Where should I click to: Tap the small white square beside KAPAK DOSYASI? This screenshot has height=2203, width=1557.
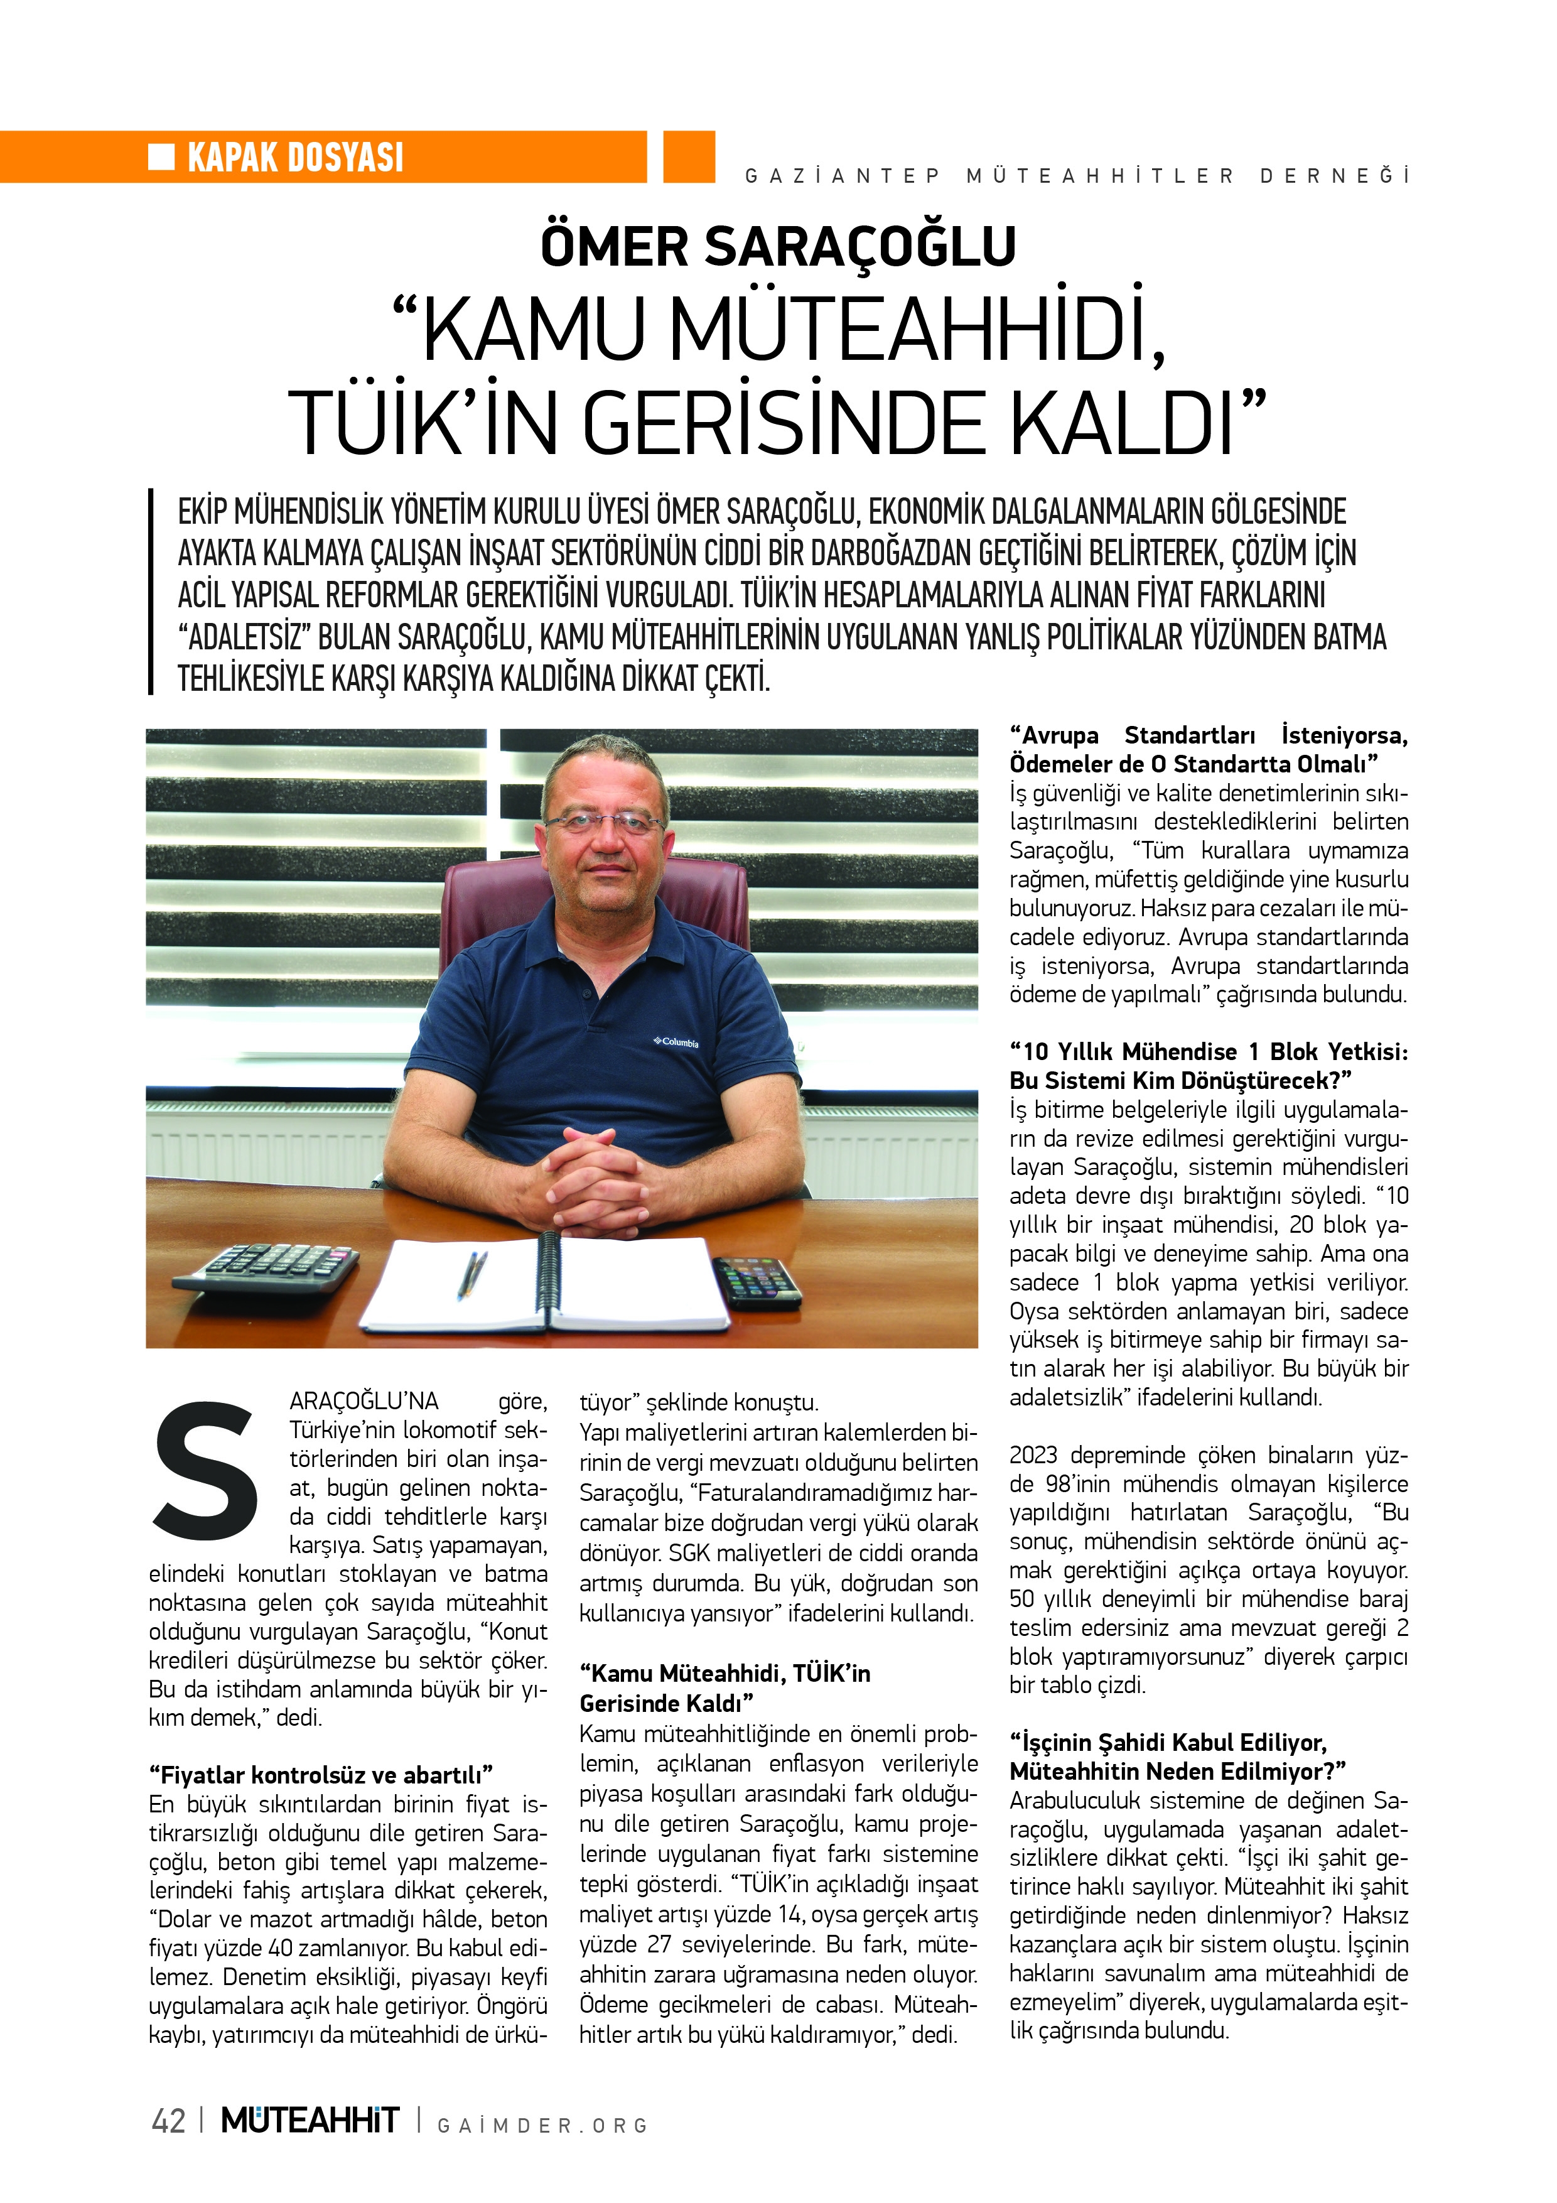click(161, 156)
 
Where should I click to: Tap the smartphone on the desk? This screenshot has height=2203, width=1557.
click(757, 1282)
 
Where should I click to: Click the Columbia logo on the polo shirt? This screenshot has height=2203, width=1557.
click(676, 1042)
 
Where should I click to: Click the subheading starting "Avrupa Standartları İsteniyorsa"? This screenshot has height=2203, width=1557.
click(1208, 749)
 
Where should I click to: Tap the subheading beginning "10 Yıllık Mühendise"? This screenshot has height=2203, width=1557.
click(1208, 1066)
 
